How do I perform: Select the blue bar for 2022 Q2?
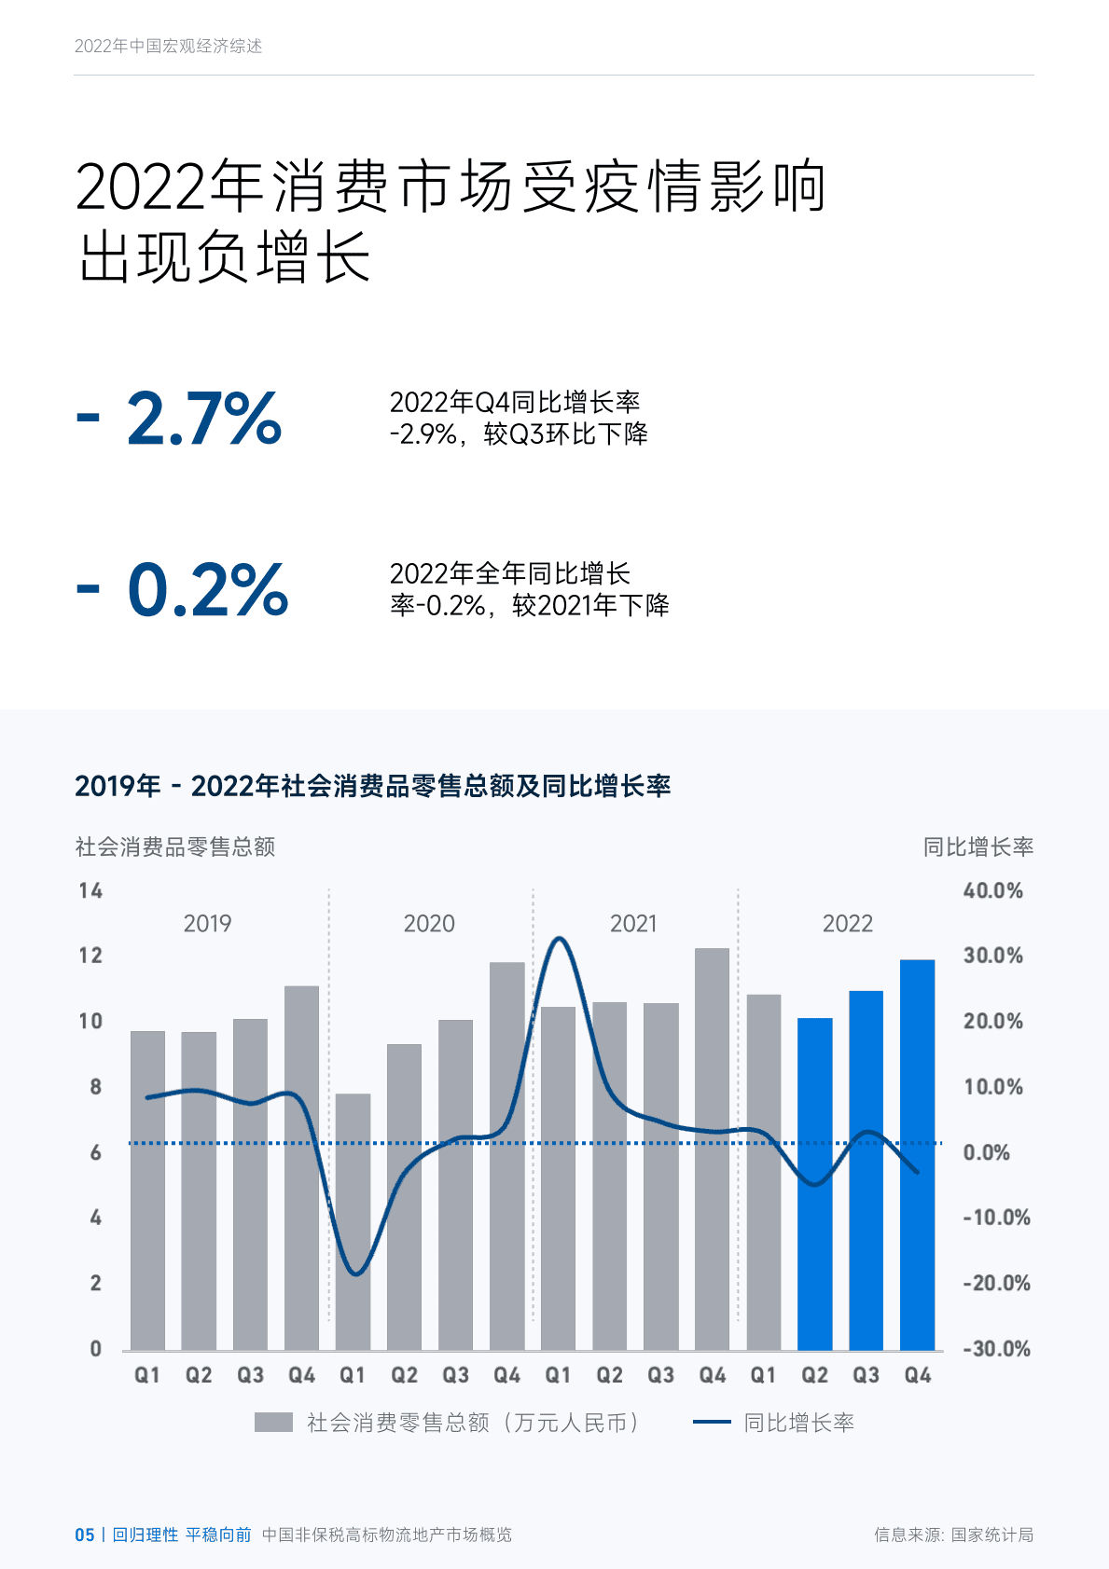point(814,1184)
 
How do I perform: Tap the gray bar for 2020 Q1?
point(353,1221)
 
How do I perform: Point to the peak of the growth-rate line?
point(558,939)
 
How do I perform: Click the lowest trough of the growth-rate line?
point(356,1273)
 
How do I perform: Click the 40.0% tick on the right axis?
point(992,891)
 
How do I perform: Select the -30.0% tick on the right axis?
point(995,1349)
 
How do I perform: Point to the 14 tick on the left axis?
point(90,891)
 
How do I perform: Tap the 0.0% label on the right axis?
point(986,1153)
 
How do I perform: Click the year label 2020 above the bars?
point(429,924)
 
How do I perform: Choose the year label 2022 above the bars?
point(847,924)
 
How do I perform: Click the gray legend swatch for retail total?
point(273,1423)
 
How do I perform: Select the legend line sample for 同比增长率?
point(712,1423)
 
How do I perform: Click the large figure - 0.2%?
point(183,590)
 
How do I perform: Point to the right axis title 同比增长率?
point(977,846)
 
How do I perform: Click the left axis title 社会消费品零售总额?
point(175,846)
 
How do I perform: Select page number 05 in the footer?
point(84,1535)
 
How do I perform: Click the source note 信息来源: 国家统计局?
point(953,1535)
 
